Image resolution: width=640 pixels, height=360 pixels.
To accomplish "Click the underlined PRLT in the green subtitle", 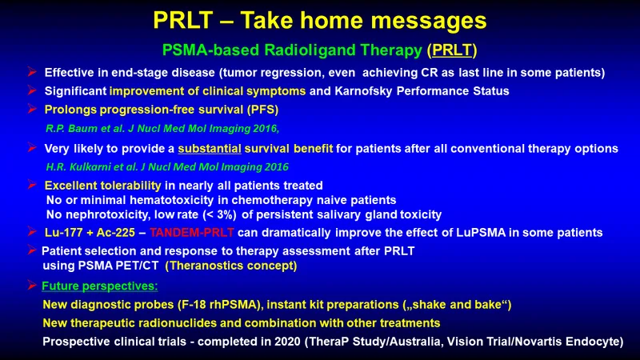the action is [452, 50].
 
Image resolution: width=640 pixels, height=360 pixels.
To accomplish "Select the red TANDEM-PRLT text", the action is [192, 233].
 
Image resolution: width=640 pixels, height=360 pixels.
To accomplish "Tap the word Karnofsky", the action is [363, 91].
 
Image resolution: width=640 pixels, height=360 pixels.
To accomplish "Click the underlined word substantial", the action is [210, 149].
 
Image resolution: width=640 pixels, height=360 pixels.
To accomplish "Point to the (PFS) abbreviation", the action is [262, 110].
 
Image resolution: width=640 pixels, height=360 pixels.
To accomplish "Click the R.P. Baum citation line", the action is [162, 129].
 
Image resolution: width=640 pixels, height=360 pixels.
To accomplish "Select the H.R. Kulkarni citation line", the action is [167, 167].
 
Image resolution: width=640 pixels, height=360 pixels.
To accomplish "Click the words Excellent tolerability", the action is [103, 186].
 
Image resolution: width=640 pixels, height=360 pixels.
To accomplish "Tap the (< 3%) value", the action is [220, 214].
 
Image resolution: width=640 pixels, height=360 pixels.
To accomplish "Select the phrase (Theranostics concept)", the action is [231, 266].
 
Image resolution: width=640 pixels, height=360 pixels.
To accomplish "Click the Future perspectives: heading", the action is [99, 286].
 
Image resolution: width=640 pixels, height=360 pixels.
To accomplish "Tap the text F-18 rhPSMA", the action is [221, 305].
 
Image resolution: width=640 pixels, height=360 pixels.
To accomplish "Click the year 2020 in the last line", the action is [287, 342].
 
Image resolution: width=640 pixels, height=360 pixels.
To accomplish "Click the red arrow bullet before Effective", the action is [32, 72].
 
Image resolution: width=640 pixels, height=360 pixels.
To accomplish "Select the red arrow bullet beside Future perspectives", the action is [32, 285].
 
